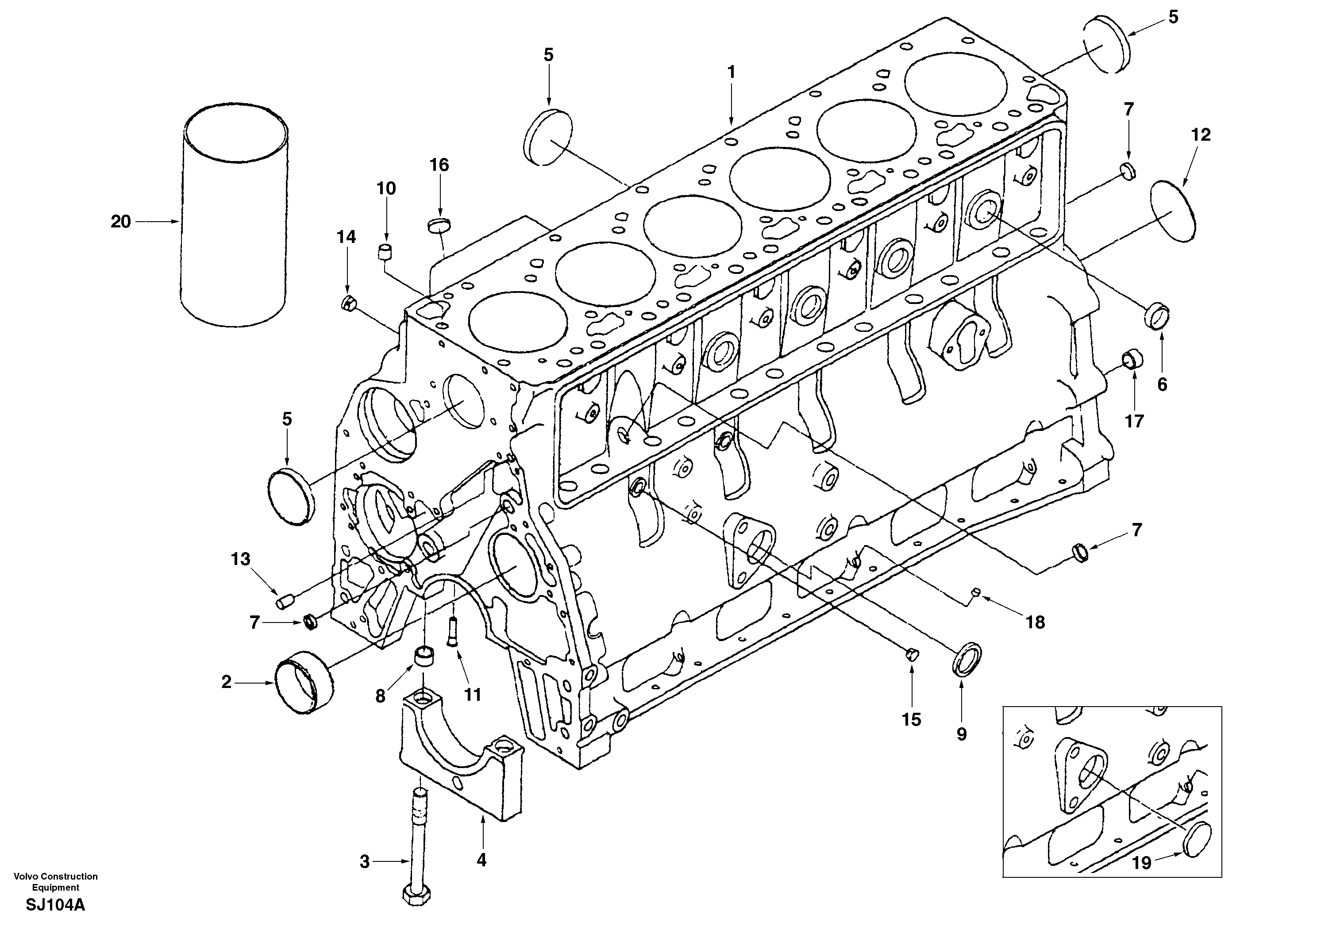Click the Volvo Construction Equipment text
pos(56,881)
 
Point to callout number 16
pos(439,165)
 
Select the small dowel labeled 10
pos(385,252)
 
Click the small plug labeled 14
pos(347,304)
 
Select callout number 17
pos(1134,422)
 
